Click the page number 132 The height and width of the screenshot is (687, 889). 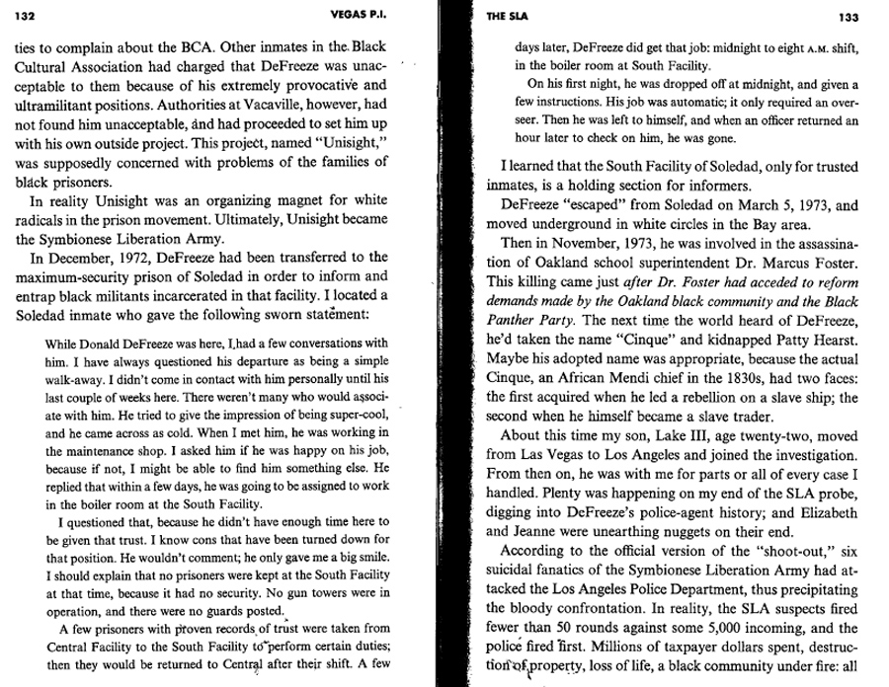pos(26,15)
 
